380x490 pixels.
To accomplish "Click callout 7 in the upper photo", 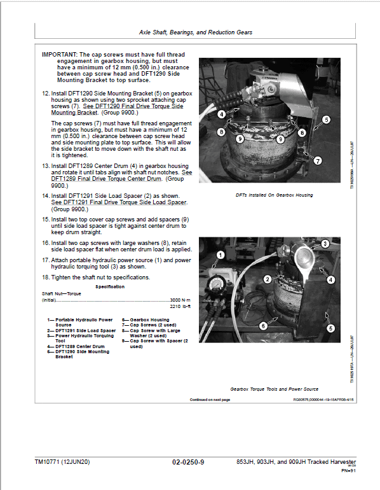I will [x=318, y=161].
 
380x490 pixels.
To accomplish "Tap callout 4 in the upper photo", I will [x=222, y=115].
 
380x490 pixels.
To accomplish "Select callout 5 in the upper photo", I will [x=326, y=119].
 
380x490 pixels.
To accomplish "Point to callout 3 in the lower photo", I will [x=323, y=244].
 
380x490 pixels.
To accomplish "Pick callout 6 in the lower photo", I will [x=262, y=325].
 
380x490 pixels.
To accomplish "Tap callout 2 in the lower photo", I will [x=268, y=279].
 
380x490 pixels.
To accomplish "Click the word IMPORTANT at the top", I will [x=60, y=55].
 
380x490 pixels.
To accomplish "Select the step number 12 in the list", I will [x=46, y=94].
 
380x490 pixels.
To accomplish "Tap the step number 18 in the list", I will [x=46, y=277].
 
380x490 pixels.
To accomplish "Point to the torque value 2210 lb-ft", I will [x=181, y=306].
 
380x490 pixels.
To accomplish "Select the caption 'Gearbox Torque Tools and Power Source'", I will [x=275, y=388].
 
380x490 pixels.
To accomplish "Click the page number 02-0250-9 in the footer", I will [x=189, y=461].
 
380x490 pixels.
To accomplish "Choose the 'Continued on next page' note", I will [x=210, y=400].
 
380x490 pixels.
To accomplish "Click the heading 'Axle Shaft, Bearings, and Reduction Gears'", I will [x=195, y=32].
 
